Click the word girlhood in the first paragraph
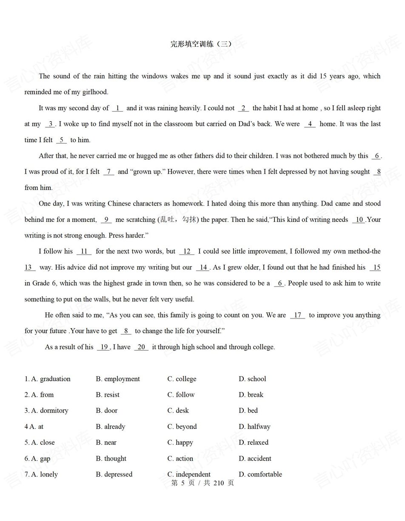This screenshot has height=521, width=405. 95,92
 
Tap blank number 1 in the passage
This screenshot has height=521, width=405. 117,108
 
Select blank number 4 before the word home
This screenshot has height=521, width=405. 310,124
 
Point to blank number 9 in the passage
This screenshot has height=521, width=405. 106,220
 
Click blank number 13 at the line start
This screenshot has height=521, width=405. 29,267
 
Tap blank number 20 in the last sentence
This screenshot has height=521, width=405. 141,347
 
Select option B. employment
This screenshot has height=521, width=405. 118,379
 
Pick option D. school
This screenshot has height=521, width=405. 252,379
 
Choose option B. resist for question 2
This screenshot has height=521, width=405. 108,395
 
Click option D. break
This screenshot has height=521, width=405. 251,395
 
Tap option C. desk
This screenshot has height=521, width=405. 178,411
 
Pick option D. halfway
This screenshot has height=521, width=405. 254,427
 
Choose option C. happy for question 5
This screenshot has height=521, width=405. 180,443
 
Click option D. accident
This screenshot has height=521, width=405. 255,458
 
